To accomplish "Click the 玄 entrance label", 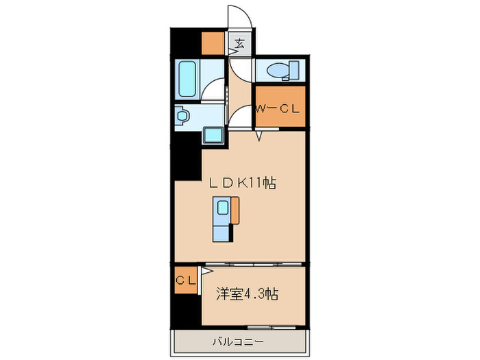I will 240,45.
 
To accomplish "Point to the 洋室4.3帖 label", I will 248,295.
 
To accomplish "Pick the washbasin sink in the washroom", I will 181,117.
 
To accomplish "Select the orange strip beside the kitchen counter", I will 235,210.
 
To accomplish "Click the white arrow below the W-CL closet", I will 259,136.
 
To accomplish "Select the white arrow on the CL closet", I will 204,272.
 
